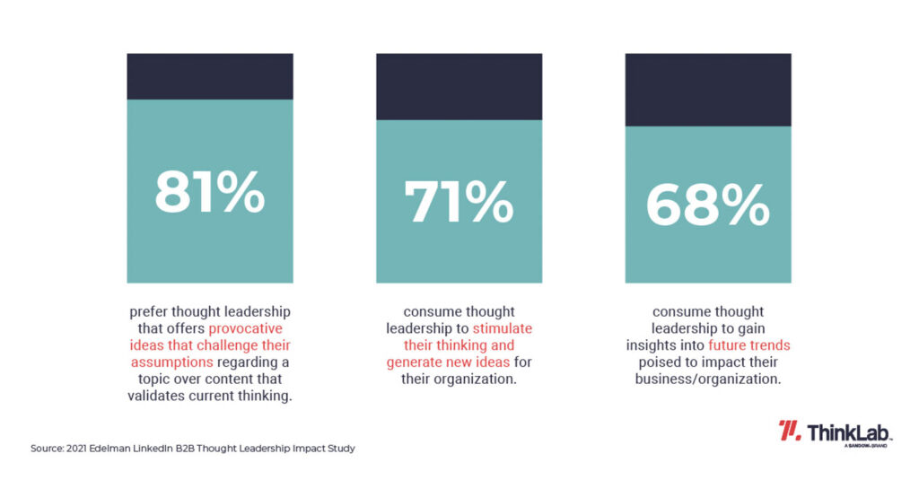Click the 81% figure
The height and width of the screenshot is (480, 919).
coord(209,192)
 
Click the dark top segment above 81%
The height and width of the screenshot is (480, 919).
coord(209,76)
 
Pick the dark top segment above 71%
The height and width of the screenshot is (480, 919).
coord(458,86)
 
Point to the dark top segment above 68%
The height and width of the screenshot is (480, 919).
coord(707,90)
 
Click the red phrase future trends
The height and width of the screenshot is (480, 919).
coord(748,345)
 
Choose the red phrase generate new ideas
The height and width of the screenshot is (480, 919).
coord(445,362)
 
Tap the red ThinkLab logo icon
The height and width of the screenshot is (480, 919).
coord(790,431)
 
